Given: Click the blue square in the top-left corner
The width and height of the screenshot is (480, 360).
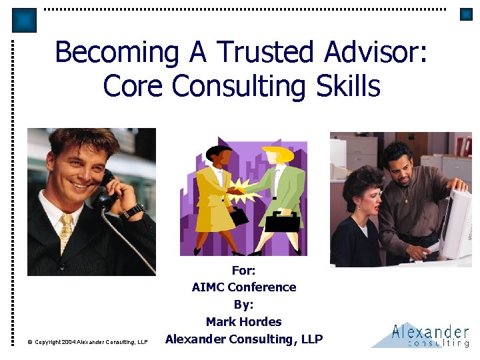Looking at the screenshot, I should coord(25,20).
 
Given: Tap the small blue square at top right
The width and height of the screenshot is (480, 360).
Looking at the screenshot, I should coord(466,14).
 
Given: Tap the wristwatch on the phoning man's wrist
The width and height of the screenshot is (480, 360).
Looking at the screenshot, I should coord(133,211).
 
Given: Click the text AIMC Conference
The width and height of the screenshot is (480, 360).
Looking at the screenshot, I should coord(244,287).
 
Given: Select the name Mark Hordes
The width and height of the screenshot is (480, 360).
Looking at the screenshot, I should coord(244,322).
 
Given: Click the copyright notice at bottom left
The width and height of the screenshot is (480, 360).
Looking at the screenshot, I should coord(87,342).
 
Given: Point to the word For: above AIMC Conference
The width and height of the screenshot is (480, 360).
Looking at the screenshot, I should coord(244,270).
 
